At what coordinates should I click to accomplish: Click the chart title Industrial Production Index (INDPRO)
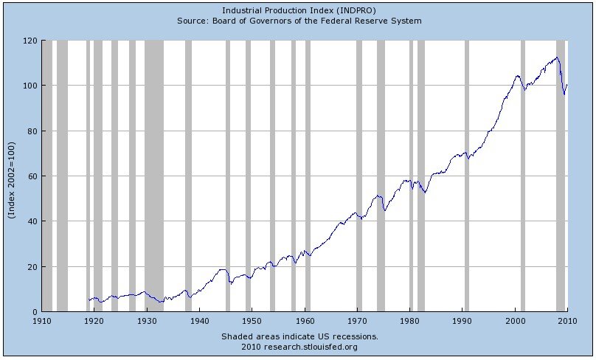[x=299, y=10]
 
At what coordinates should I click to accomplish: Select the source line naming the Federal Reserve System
[x=299, y=21]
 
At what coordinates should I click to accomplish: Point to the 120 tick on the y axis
[x=30, y=41]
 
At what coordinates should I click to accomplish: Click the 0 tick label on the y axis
[x=35, y=312]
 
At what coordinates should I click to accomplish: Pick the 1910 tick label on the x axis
[x=41, y=322]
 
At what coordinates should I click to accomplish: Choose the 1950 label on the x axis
[x=252, y=322]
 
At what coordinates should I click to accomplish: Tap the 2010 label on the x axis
[x=567, y=322]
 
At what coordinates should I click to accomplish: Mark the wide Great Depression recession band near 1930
[x=154, y=176]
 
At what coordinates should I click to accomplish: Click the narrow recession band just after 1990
[x=467, y=176]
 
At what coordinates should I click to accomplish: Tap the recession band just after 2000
[x=523, y=176]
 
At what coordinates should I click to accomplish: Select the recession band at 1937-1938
[x=188, y=176]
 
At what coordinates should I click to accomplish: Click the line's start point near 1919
[x=89, y=300]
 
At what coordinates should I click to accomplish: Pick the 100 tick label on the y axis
[x=30, y=86]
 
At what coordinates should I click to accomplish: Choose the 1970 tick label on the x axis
[x=357, y=322]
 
